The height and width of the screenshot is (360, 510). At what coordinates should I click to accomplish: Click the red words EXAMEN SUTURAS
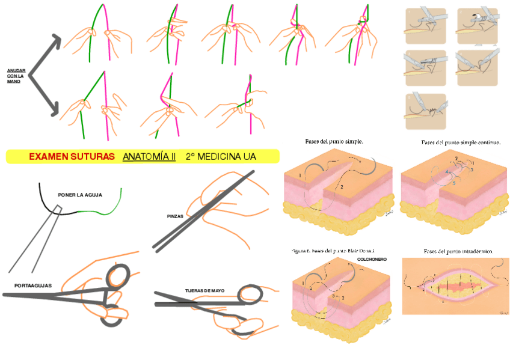click(x=72, y=157)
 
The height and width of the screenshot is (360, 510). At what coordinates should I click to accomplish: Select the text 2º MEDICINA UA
click(x=221, y=157)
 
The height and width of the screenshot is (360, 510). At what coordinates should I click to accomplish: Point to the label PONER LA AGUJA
click(x=80, y=195)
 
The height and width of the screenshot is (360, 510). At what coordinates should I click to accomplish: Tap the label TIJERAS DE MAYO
click(x=204, y=291)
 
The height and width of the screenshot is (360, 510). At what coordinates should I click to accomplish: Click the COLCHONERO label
click(x=372, y=259)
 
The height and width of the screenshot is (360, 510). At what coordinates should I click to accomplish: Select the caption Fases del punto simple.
click(x=334, y=142)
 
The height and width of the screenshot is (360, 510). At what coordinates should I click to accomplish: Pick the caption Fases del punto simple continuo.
click(x=461, y=142)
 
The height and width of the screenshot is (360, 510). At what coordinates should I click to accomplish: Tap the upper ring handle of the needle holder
click(x=118, y=276)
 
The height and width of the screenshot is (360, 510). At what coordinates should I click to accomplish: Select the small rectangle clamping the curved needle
click(x=57, y=209)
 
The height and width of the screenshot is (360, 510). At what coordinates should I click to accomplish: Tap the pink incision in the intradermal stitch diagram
click(x=456, y=286)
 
